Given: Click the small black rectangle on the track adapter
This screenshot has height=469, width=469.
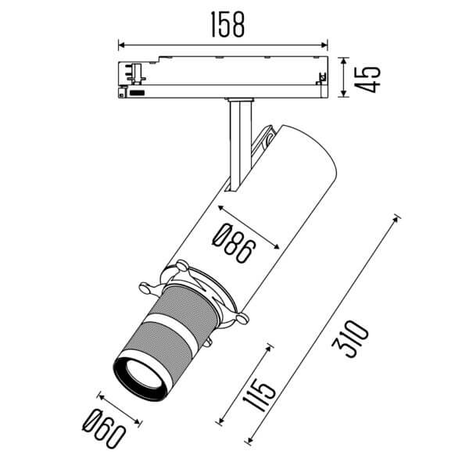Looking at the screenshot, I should point(138,92).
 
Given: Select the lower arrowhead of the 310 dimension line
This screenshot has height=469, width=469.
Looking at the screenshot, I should point(249,442).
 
